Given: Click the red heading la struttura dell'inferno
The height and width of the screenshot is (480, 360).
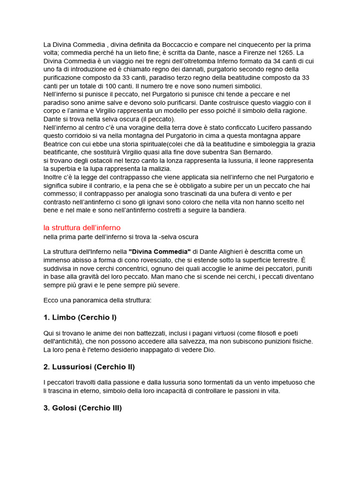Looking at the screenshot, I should click(x=82, y=228).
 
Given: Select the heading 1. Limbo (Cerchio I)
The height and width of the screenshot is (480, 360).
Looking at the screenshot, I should click(x=80, y=317).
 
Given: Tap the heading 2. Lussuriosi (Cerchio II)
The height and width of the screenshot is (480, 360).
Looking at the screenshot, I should click(x=89, y=367).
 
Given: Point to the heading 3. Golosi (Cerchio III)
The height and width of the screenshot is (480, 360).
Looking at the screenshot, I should click(x=82, y=408).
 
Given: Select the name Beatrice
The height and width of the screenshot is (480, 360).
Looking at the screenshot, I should click(x=58, y=144).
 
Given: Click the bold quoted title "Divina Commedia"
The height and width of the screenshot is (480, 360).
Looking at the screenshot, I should click(x=159, y=252).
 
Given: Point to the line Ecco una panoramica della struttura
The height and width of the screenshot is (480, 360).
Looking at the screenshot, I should click(x=97, y=300).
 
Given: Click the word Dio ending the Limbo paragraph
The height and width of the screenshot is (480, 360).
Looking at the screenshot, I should click(x=210, y=350).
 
